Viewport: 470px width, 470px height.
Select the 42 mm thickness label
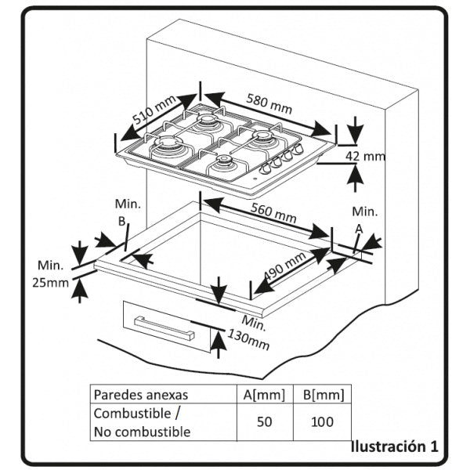pos(366,157)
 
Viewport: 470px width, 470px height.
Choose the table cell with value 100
pos(321,421)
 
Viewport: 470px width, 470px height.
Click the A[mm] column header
pos(264,394)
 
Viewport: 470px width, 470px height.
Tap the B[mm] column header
pos(321,394)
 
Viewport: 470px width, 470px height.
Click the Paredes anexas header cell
pos(141,394)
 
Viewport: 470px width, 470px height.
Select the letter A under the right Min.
pos(360,228)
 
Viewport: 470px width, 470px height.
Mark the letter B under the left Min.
pos(122,221)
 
